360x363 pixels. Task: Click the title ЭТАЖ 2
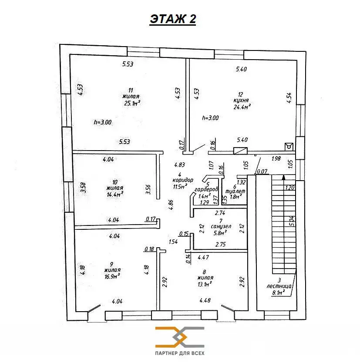tap(173, 19)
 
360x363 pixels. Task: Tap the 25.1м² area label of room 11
tap(132, 103)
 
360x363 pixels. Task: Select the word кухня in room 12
tap(241, 101)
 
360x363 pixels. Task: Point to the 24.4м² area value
tap(242, 107)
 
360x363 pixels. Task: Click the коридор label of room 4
tap(183, 180)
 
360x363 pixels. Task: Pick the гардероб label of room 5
tap(206, 189)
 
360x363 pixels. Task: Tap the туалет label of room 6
tap(235, 192)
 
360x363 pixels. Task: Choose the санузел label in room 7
tap(221, 226)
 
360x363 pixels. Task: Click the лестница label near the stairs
tap(279, 286)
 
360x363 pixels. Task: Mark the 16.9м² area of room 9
tap(112, 276)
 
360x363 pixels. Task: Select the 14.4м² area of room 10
tap(114, 195)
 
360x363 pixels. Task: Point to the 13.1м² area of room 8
tap(205, 284)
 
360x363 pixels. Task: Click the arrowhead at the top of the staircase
tap(283, 177)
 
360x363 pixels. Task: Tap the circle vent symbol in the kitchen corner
tap(289, 147)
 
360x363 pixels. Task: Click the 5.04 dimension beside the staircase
tap(292, 221)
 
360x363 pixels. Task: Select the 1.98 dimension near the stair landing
tap(276, 158)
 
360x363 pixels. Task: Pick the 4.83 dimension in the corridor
tap(179, 165)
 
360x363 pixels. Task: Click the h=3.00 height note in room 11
tap(103, 122)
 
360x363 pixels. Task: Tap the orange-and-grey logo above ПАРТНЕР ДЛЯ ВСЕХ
tap(180, 337)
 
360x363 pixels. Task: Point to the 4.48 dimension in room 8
tap(205, 300)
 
